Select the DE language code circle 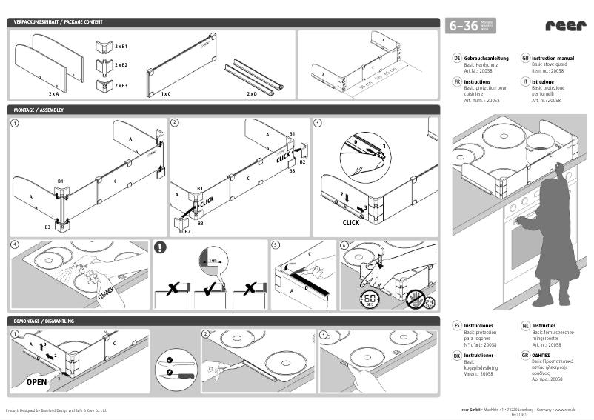pos(457,57)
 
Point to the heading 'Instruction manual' pos(553,57)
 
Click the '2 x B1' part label pos(121,47)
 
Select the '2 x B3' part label pos(121,86)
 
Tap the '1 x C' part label pos(166,95)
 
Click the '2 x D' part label pos(252,95)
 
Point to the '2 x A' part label pos(54,95)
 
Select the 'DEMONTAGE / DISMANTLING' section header pos(44,321)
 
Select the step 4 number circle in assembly pos(15,245)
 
